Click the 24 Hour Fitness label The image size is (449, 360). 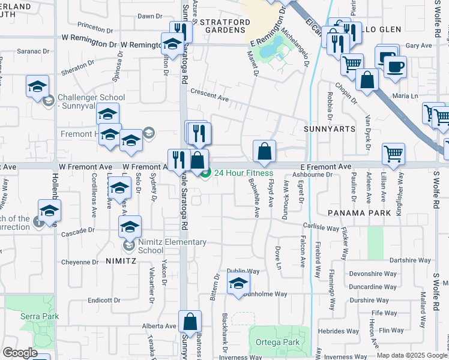(x=244, y=174)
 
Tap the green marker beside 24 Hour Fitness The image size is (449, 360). (x=205, y=174)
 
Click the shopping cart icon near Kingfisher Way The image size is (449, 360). (x=393, y=153)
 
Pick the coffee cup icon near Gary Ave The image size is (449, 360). (x=395, y=68)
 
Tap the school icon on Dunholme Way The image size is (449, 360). (x=238, y=283)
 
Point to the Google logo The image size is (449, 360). (x=20, y=353)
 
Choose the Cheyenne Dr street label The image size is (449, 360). (x=79, y=262)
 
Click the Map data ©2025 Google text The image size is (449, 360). (x=412, y=355)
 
